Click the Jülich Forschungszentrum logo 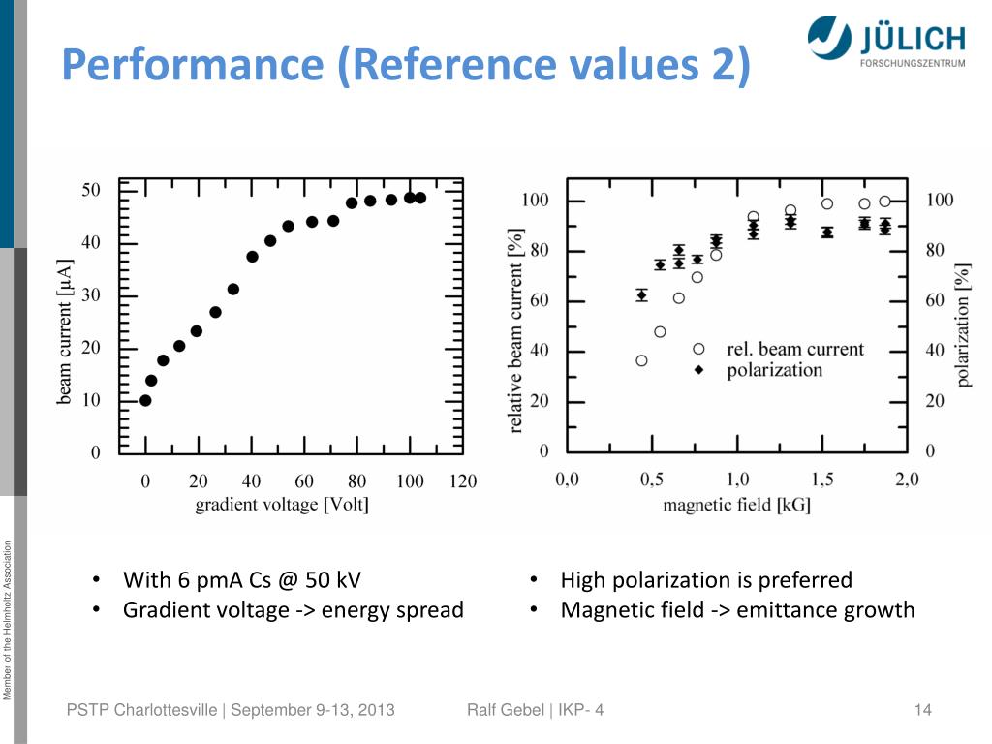point(885,45)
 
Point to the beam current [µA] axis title point(65,330)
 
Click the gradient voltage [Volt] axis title point(282,505)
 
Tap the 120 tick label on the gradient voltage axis point(463,481)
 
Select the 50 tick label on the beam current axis point(90,190)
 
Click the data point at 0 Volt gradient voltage point(145,400)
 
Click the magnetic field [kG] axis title point(736,505)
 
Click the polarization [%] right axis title point(963,326)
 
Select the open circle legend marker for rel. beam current point(699,349)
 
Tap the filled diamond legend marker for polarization point(699,370)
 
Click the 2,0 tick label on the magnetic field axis point(907,479)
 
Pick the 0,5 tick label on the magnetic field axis point(652,479)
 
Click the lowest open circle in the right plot point(641,360)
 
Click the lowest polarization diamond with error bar point(641,295)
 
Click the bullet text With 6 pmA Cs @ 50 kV point(241,580)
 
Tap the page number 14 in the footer point(922,711)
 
